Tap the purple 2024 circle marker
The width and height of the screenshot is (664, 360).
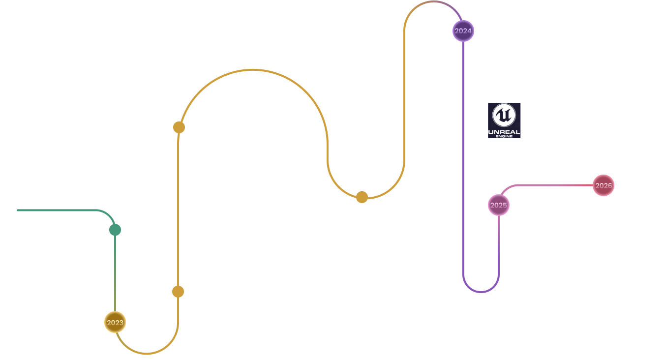[x=463, y=31]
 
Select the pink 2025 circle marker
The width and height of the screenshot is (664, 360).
[x=498, y=205]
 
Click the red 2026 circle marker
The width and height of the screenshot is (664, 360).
[x=603, y=185]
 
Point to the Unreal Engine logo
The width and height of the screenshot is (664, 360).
[x=504, y=120]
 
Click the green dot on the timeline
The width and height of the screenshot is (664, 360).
[x=115, y=230]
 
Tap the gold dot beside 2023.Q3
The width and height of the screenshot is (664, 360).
[x=179, y=127]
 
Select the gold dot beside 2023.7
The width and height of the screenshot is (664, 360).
[x=178, y=292]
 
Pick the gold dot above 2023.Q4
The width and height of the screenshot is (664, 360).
[x=362, y=197]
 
